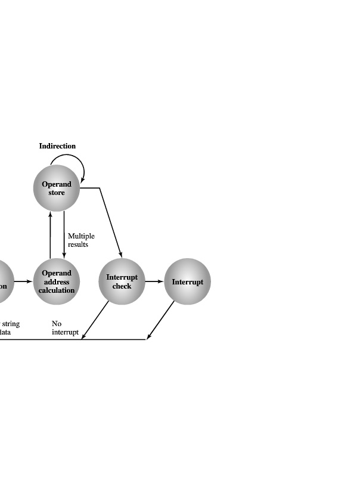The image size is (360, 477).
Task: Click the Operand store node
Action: (x=56, y=188)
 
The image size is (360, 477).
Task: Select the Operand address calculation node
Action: (x=57, y=281)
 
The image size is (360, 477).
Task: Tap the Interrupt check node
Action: (x=122, y=281)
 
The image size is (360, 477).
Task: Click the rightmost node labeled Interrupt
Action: (x=187, y=281)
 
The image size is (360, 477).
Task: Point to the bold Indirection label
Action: (x=57, y=146)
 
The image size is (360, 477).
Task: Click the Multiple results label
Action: (x=80, y=240)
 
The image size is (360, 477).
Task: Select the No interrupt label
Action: (x=64, y=328)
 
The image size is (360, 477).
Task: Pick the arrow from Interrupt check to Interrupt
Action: (x=154, y=281)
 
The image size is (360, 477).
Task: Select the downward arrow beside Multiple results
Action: (x=64, y=236)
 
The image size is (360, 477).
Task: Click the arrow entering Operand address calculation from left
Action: (x=23, y=281)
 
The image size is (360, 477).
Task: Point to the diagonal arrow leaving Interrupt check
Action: (x=95, y=320)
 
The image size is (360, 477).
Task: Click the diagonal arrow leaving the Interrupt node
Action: (x=161, y=320)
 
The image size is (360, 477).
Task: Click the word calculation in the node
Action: (x=57, y=290)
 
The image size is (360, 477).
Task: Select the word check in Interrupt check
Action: (x=122, y=286)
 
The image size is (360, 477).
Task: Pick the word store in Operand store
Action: (x=56, y=193)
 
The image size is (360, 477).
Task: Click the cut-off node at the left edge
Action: (x=4, y=281)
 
